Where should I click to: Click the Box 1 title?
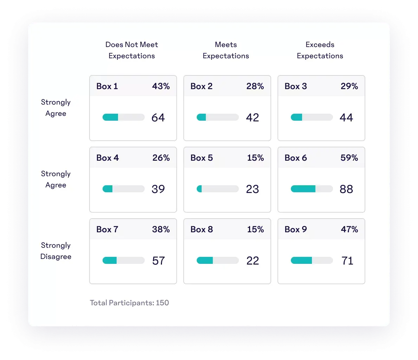(107, 86)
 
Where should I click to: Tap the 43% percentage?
(161, 86)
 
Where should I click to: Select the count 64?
(158, 118)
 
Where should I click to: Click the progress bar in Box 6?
(312, 189)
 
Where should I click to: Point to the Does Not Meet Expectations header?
(132, 50)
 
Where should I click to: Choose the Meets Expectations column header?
(226, 50)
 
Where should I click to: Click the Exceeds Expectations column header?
(320, 50)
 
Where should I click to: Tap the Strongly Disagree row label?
(56, 251)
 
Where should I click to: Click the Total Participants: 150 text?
(129, 303)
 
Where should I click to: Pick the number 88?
(346, 189)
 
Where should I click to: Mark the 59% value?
(349, 158)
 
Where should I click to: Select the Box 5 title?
(202, 158)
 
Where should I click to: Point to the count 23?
(252, 189)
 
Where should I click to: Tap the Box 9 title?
(296, 229)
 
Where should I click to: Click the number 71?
(347, 261)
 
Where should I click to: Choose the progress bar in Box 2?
(217, 117)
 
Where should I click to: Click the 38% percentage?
(161, 229)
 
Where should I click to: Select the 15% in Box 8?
(255, 229)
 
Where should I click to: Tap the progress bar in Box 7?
(123, 260)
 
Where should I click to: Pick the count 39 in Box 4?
(158, 189)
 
